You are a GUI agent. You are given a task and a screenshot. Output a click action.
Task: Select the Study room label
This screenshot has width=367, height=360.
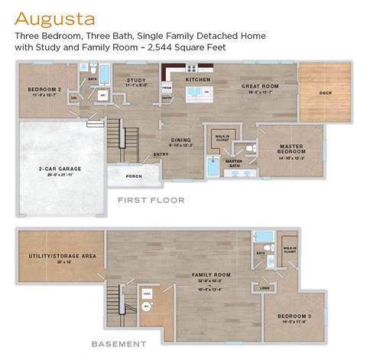click(136, 80)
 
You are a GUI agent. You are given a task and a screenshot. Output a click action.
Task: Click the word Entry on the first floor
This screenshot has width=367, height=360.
click(161, 154)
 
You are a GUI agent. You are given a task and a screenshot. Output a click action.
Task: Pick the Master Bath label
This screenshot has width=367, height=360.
click(234, 162)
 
